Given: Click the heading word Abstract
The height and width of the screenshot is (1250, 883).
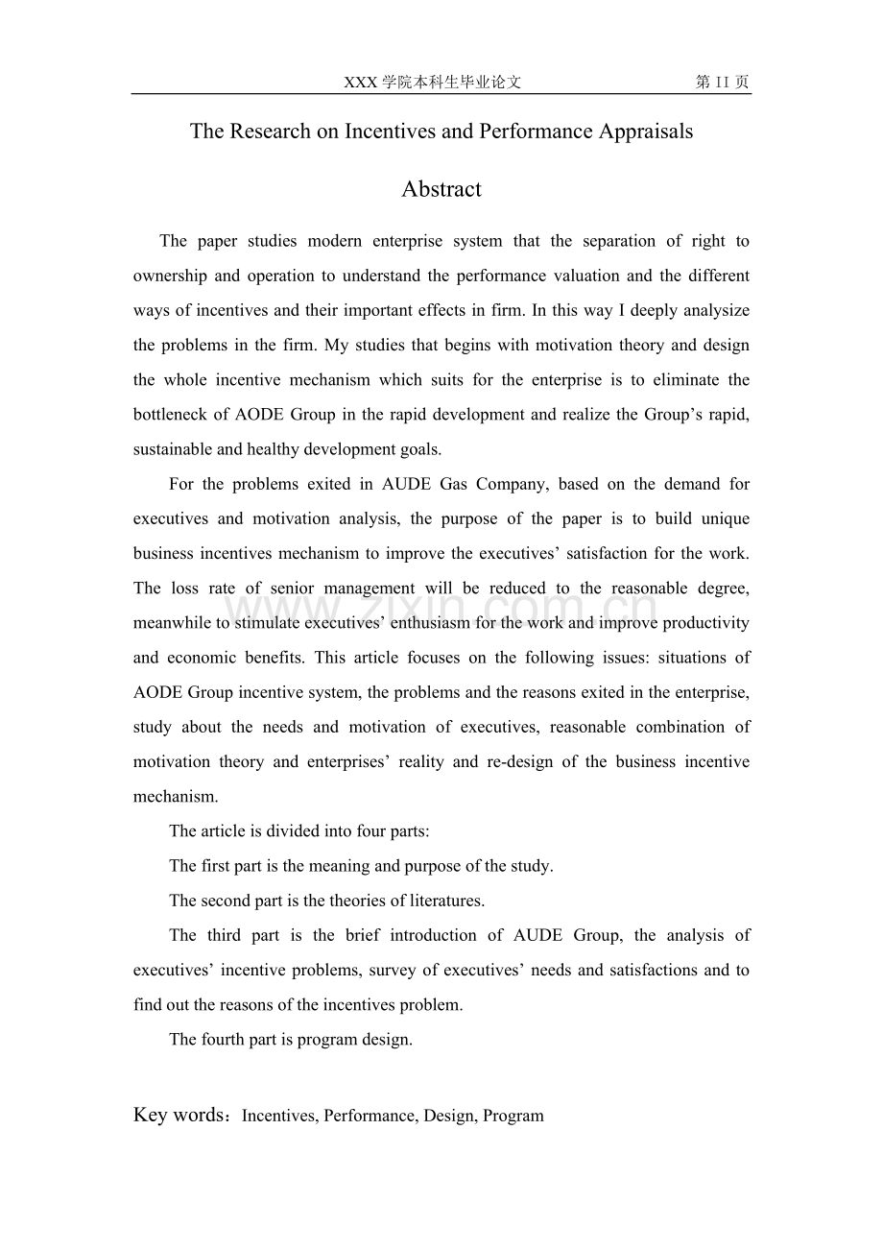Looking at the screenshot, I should [x=441, y=189].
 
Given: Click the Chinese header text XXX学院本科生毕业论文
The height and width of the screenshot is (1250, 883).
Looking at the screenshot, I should [x=432, y=83].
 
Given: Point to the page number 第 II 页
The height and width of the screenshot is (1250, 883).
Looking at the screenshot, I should [x=722, y=83].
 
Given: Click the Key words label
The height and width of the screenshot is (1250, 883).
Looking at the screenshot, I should [x=181, y=1115].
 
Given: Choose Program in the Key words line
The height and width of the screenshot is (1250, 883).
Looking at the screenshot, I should [x=513, y=1116].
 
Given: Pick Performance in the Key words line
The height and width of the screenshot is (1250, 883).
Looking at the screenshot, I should [x=369, y=1116].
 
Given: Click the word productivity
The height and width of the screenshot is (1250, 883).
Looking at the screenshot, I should [x=706, y=623].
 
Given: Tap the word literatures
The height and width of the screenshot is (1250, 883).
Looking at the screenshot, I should [x=444, y=901].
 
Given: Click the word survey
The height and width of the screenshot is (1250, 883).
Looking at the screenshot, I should [x=392, y=970].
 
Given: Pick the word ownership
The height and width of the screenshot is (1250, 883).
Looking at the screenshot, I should [x=170, y=276].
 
